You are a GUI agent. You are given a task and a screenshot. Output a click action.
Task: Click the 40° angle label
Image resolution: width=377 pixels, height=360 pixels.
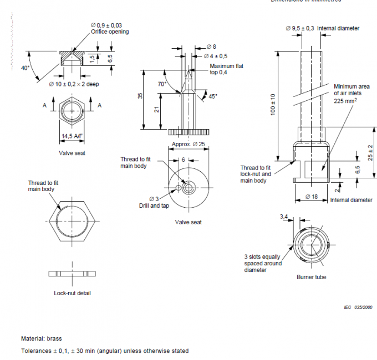point(25,68)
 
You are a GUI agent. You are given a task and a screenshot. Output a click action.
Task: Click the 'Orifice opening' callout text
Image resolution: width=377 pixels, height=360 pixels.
point(110,32)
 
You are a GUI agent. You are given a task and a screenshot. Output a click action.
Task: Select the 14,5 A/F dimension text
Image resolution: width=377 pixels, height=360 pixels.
point(71,136)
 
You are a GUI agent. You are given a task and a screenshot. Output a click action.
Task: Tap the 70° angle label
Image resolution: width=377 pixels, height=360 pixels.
point(162,84)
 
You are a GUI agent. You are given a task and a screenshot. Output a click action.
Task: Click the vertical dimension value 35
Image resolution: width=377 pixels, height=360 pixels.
point(140,96)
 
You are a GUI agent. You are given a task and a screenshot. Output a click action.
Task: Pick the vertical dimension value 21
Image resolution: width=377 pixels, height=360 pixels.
point(157,110)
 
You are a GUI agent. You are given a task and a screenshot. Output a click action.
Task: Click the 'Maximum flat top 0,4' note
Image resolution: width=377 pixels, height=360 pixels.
point(226,69)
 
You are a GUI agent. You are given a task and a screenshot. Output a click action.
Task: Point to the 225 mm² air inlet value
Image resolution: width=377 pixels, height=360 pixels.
point(345,101)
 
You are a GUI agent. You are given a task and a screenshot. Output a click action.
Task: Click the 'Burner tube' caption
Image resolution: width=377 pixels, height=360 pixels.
point(313,276)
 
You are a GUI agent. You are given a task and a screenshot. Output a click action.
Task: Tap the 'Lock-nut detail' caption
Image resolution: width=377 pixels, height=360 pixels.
point(72,292)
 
